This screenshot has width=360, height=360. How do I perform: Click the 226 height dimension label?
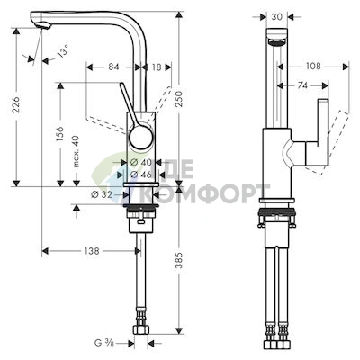click(17, 104)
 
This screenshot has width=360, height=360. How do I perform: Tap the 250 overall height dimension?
click(179, 99)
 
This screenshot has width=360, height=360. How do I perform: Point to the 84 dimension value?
click(113, 67)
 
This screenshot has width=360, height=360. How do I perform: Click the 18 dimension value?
click(157, 67)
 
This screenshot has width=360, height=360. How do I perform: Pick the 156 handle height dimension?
click(60, 133)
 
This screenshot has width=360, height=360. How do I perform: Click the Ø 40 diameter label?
click(141, 162)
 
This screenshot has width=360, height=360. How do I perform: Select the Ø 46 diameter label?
click(141, 175)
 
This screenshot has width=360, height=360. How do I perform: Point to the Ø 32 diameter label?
click(102, 194)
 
